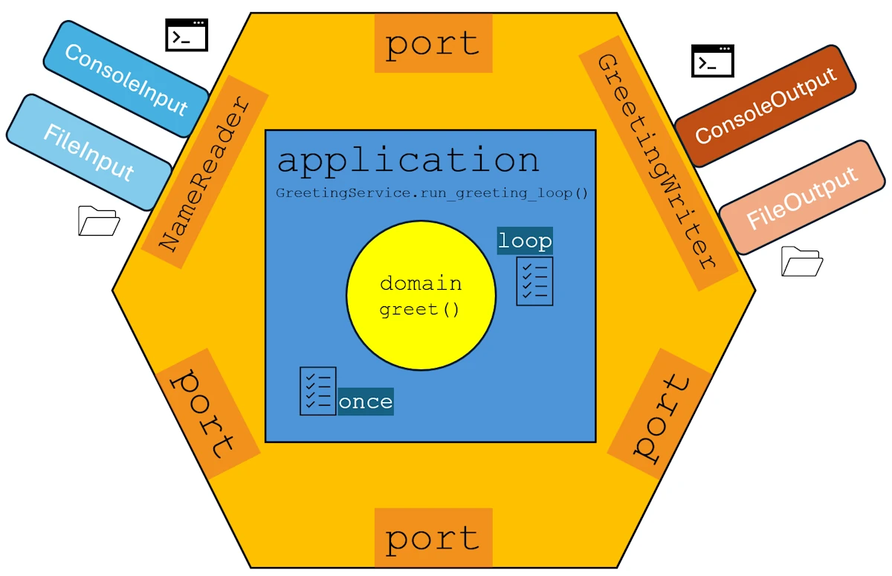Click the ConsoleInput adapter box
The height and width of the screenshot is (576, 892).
[126, 79]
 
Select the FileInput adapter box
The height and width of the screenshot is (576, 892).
[89, 152]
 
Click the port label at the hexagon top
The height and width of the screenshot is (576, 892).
[433, 44]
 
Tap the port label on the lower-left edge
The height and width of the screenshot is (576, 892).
[202, 413]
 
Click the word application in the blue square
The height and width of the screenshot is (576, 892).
[408, 161]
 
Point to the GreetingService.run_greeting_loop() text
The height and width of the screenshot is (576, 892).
[432, 193]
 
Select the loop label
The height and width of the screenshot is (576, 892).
[525, 241]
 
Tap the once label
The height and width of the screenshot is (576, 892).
[366, 401]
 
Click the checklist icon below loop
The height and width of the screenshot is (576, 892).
[534, 281]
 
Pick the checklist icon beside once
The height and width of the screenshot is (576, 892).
[317, 391]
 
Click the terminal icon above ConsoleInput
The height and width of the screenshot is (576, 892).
[186, 35]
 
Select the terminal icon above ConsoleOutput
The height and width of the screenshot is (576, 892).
[712, 61]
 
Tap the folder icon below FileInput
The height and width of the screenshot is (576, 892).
[99, 221]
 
